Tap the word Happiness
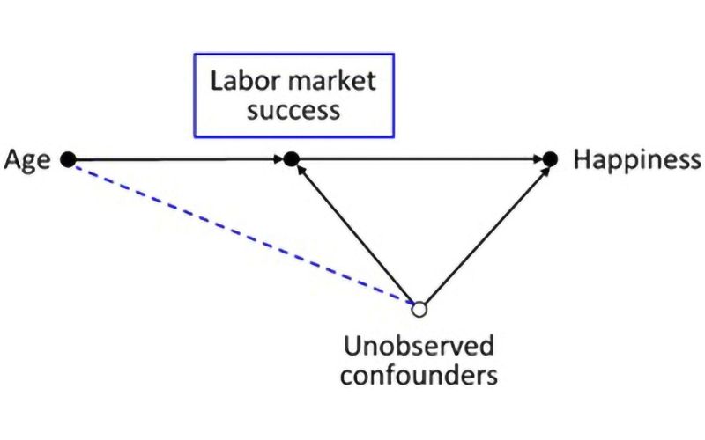pyautogui.click(x=637, y=160)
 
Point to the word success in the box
pyautogui.click(x=293, y=112)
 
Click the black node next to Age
pyautogui.click(x=69, y=159)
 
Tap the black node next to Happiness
pyautogui.click(x=551, y=159)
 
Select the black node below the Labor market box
pyautogui.click(x=293, y=159)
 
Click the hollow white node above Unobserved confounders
pyautogui.click(x=419, y=309)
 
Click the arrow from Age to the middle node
pyautogui.click(x=176, y=159)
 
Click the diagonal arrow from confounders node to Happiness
pyautogui.click(x=485, y=235)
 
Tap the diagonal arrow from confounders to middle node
pyautogui.click(x=357, y=235)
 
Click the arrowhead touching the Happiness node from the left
pyautogui.click(x=538, y=159)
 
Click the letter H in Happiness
pyautogui.click(x=582, y=160)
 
